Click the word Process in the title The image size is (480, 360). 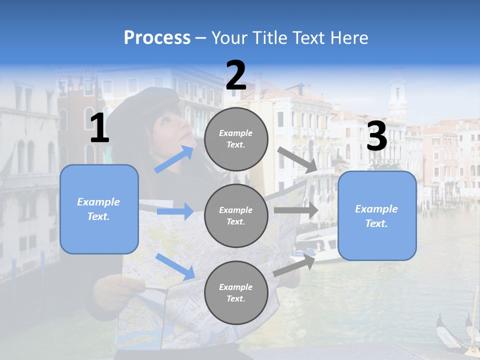(157, 38)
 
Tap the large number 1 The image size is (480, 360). (99, 128)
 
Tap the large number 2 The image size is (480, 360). (236, 75)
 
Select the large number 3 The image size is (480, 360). (377, 136)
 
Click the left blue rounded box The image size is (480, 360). (99, 209)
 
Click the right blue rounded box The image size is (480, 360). (377, 215)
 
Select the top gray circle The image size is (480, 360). (236, 138)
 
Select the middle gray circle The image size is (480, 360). (236, 215)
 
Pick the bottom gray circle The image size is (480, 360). (236, 292)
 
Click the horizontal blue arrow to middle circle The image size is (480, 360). (175, 211)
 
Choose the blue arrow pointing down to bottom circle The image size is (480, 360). (175, 266)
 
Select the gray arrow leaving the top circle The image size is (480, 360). (298, 160)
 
